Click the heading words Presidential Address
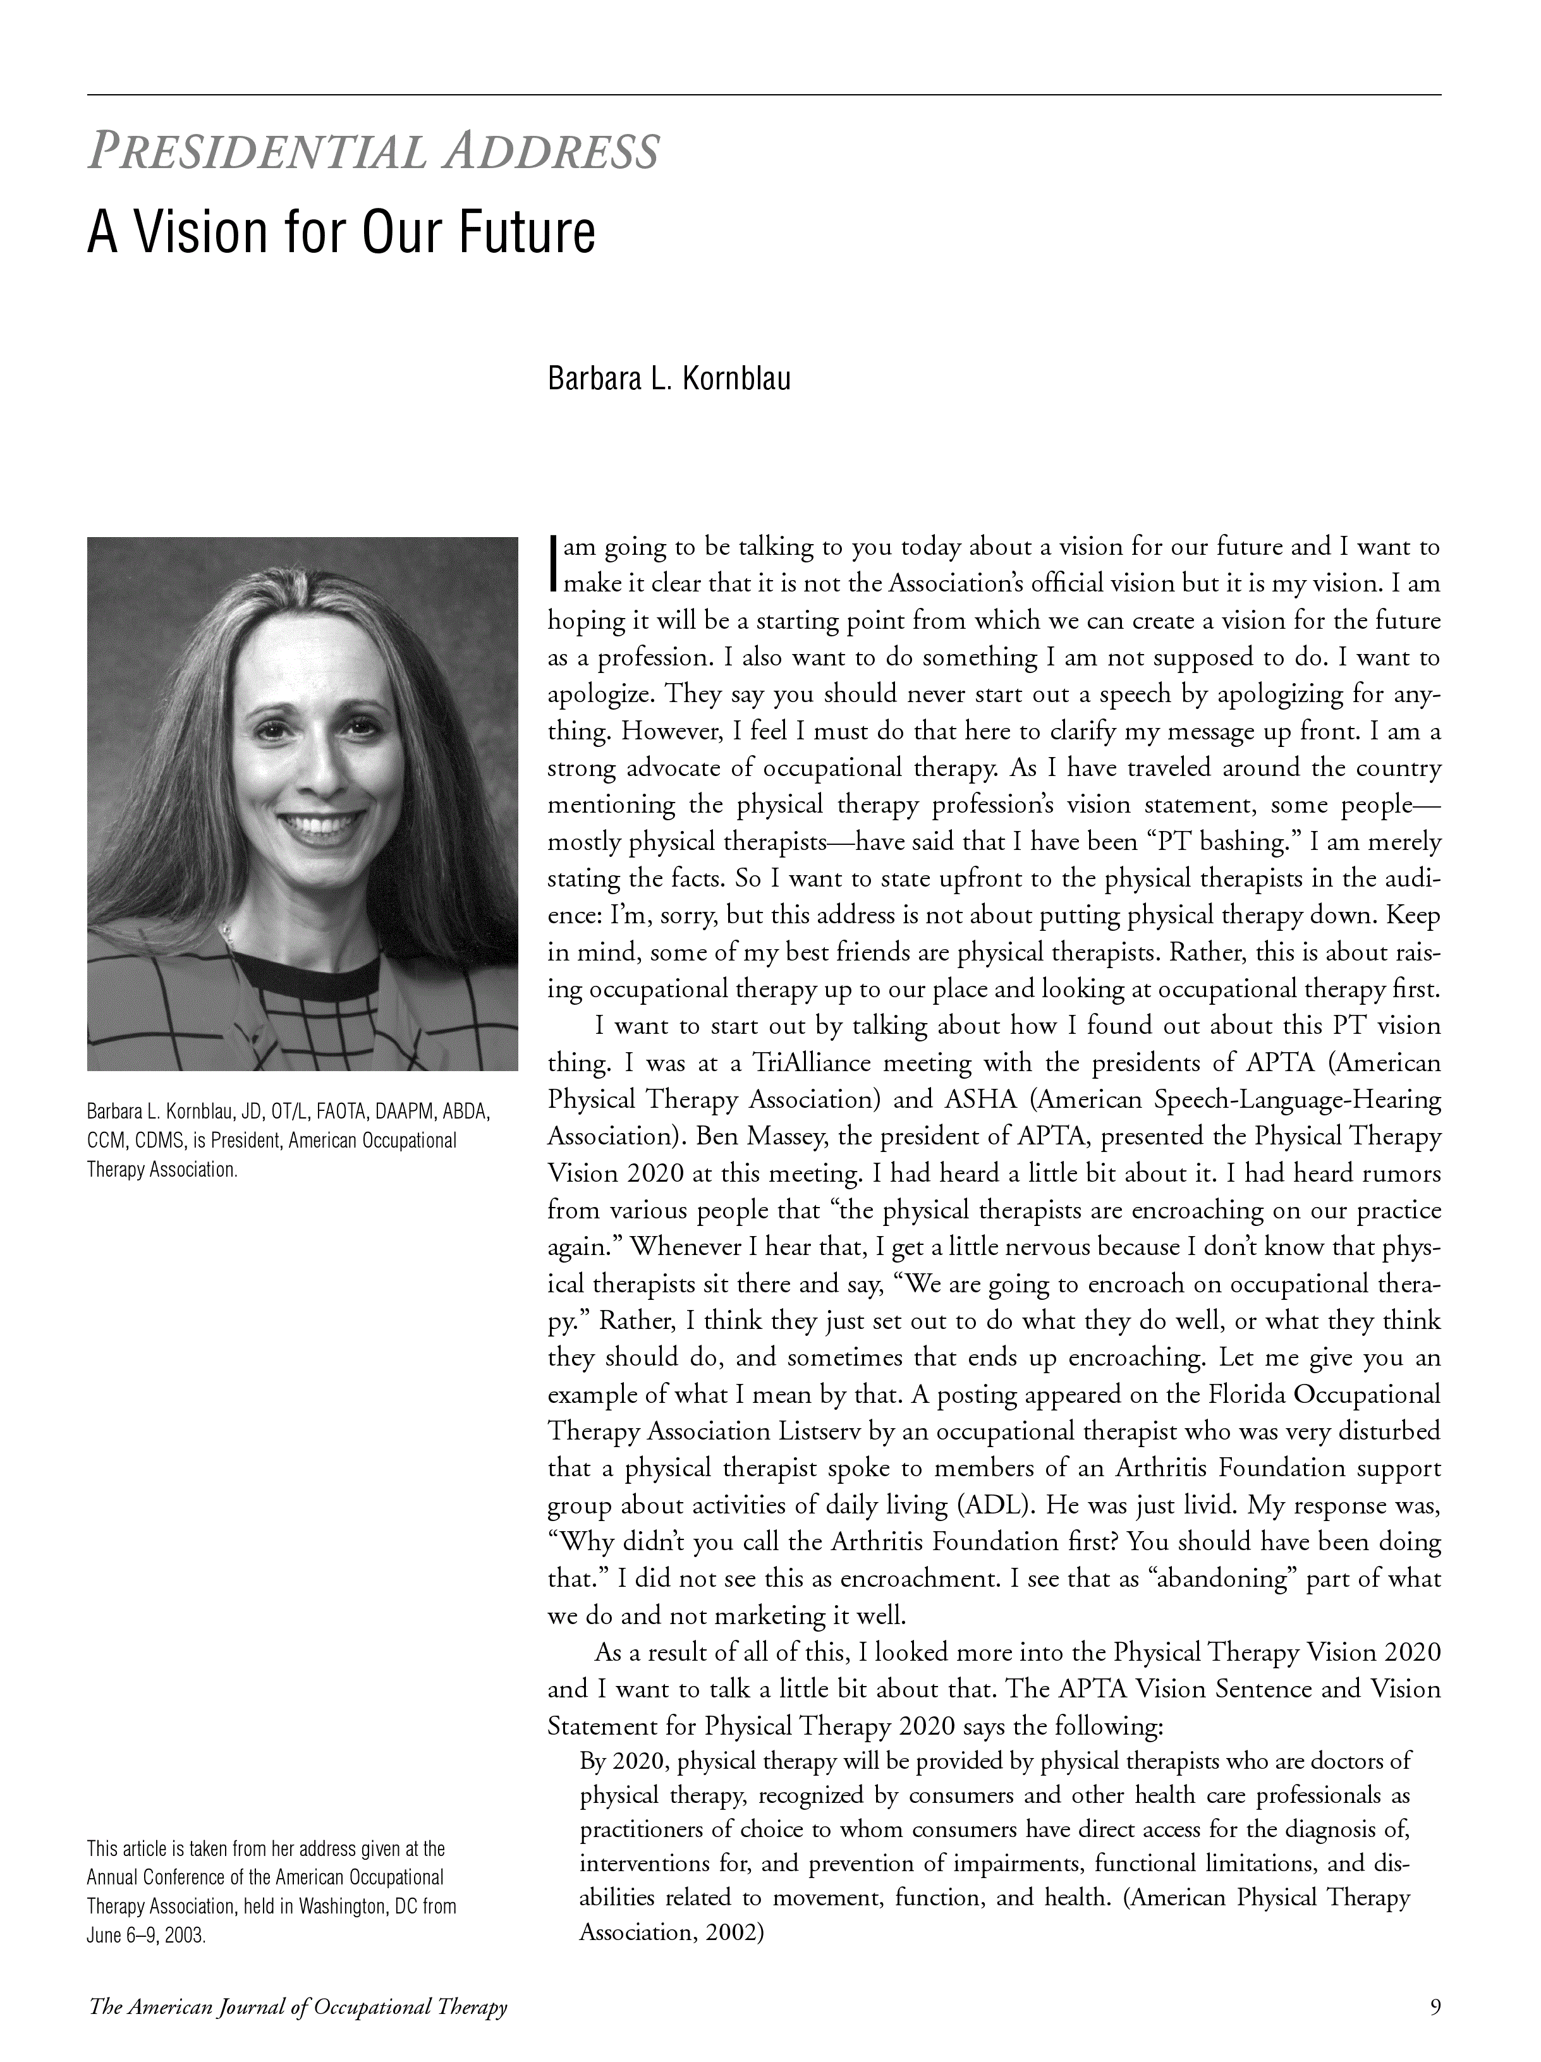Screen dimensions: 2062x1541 point(373,152)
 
